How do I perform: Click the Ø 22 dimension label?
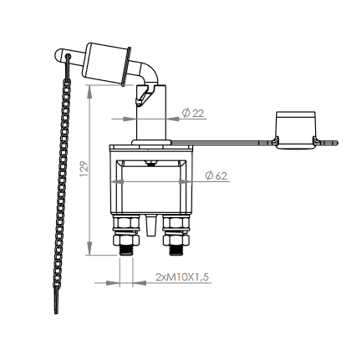(194, 114)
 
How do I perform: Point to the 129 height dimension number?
(83, 170)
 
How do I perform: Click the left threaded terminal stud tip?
(125, 250)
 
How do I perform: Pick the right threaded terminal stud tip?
(176, 250)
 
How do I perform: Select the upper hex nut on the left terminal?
(125, 223)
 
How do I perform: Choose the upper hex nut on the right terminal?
(176, 223)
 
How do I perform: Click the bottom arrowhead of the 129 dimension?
(90, 253)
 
